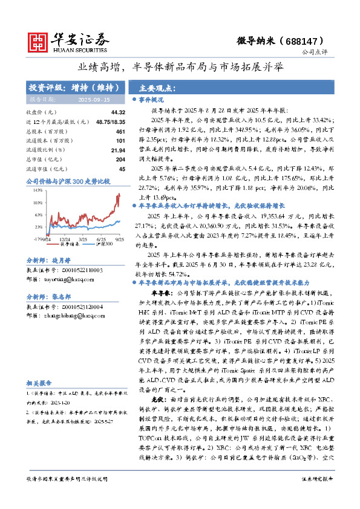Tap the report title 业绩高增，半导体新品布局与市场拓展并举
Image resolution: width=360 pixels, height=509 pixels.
point(180,67)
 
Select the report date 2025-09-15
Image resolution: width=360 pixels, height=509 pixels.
point(93,99)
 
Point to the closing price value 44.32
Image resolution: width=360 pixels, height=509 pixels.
point(118,112)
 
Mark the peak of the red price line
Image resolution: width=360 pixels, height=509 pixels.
point(119,193)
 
